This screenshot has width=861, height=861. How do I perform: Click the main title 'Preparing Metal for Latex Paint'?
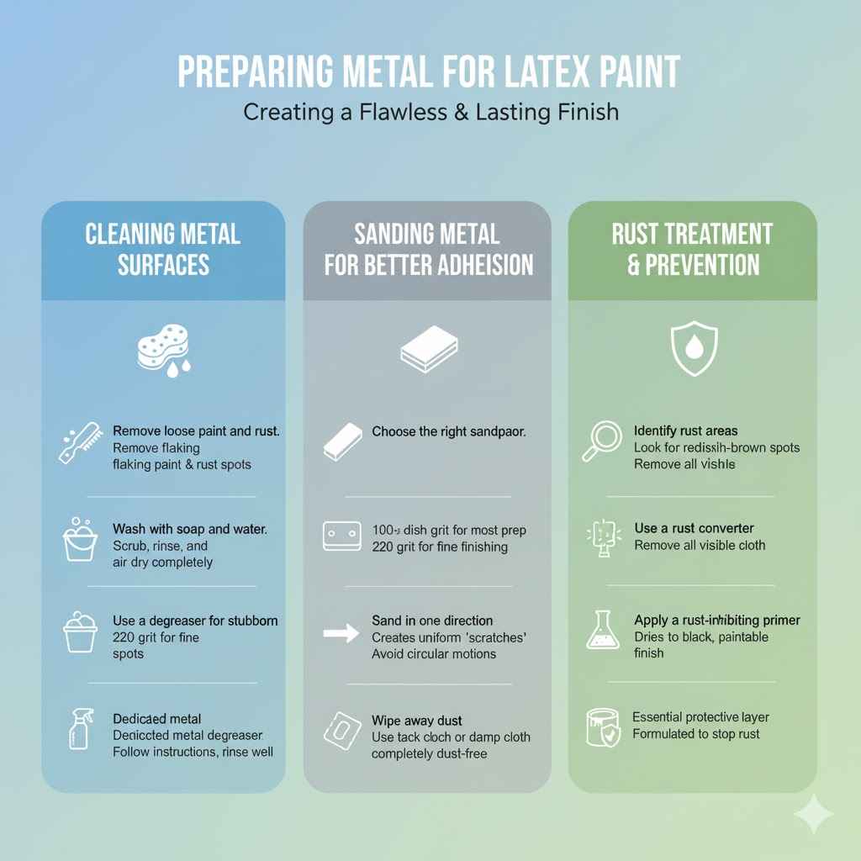430,73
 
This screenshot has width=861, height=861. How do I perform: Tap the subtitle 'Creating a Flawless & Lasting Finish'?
430,112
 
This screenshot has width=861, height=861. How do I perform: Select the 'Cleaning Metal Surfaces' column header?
163,249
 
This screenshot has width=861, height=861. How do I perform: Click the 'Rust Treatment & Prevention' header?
692,249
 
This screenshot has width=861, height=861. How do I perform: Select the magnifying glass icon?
601,441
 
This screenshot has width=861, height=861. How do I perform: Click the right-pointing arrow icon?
341,633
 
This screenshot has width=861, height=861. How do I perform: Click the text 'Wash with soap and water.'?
190,530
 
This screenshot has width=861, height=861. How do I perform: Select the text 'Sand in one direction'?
432,621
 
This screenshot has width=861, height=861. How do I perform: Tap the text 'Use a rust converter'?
694,528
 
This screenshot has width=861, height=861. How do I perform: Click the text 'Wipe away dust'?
417,721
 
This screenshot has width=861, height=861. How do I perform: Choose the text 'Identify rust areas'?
685,431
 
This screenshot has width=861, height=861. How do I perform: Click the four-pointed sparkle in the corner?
813,814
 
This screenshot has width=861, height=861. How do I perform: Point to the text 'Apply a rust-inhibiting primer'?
716,621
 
